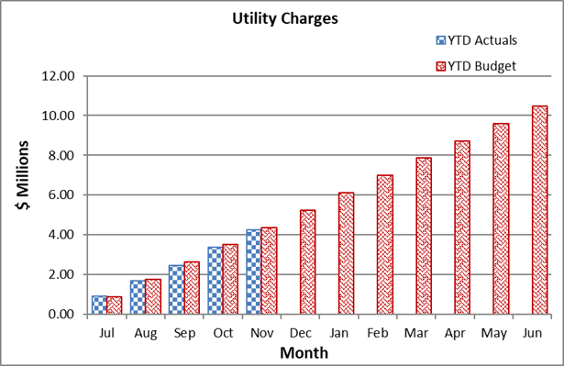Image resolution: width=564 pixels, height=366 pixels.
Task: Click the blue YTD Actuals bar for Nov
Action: [253, 272]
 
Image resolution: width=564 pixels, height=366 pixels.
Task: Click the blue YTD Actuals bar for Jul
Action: [98, 305]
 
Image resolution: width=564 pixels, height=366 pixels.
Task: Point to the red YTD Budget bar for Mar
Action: [424, 236]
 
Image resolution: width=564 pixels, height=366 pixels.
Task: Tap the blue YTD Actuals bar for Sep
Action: [175, 290]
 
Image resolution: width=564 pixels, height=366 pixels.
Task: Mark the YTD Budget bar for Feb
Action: [385, 245]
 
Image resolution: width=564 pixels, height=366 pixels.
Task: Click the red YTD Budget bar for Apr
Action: [462, 227]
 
